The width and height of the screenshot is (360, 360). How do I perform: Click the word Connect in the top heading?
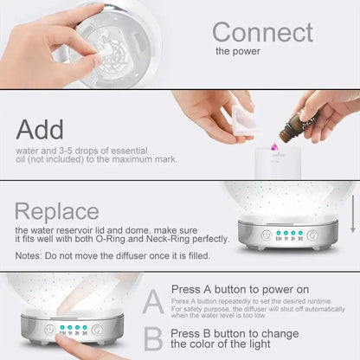click(x=262, y=32)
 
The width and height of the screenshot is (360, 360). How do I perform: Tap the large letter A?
click(x=152, y=301)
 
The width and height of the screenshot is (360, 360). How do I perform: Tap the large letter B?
click(x=152, y=338)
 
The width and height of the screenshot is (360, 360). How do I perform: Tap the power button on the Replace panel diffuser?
click(x=267, y=235)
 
